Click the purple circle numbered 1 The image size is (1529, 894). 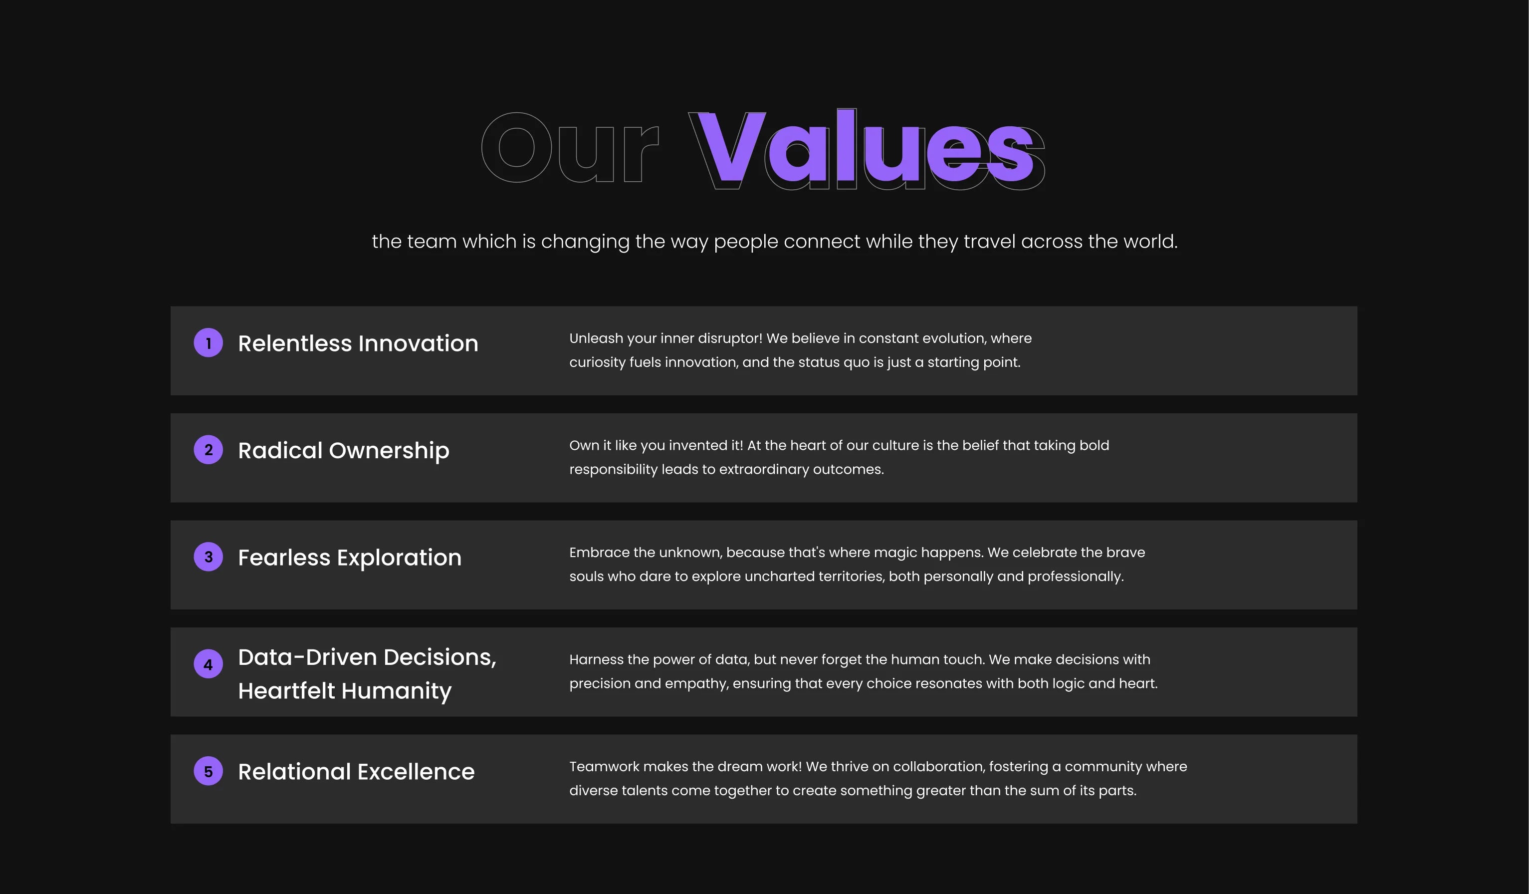[x=208, y=343]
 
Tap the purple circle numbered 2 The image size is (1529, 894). [x=208, y=450]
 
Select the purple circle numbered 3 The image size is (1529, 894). [x=208, y=557]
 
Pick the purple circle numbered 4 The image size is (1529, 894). [x=208, y=664]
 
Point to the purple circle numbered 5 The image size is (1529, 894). [x=208, y=771]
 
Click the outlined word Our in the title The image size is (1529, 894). [x=570, y=147]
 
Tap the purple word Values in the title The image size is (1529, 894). [x=867, y=147]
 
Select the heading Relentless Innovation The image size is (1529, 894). [x=358, y=343]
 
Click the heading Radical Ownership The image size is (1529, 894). [x=343, y=451]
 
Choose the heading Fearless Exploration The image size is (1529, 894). [x=350, y=558]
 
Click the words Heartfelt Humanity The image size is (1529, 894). [x=345, y=691]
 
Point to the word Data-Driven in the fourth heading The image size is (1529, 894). [x=308, y=657]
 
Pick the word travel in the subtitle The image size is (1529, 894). [x=990, y=242]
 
